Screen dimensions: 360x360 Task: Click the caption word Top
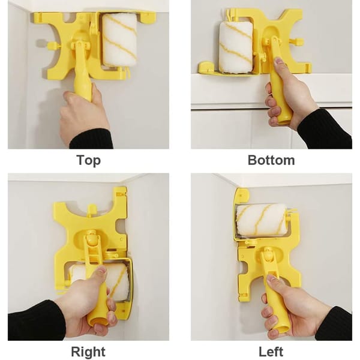(x=88, y=160)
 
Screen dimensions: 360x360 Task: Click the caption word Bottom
(x=271, y=160)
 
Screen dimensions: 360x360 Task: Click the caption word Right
(x=88, y=351)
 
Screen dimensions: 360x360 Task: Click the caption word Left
(x=271, y=351)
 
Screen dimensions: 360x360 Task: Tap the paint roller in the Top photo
(x=119, y=40)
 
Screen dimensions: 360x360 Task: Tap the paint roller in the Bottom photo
(x=235, y=47)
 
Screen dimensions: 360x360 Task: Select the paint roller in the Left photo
(x=263, y=220)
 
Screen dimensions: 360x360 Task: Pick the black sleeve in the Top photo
(x=93, y=139)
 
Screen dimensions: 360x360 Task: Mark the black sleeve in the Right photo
(x=33, y=321)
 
